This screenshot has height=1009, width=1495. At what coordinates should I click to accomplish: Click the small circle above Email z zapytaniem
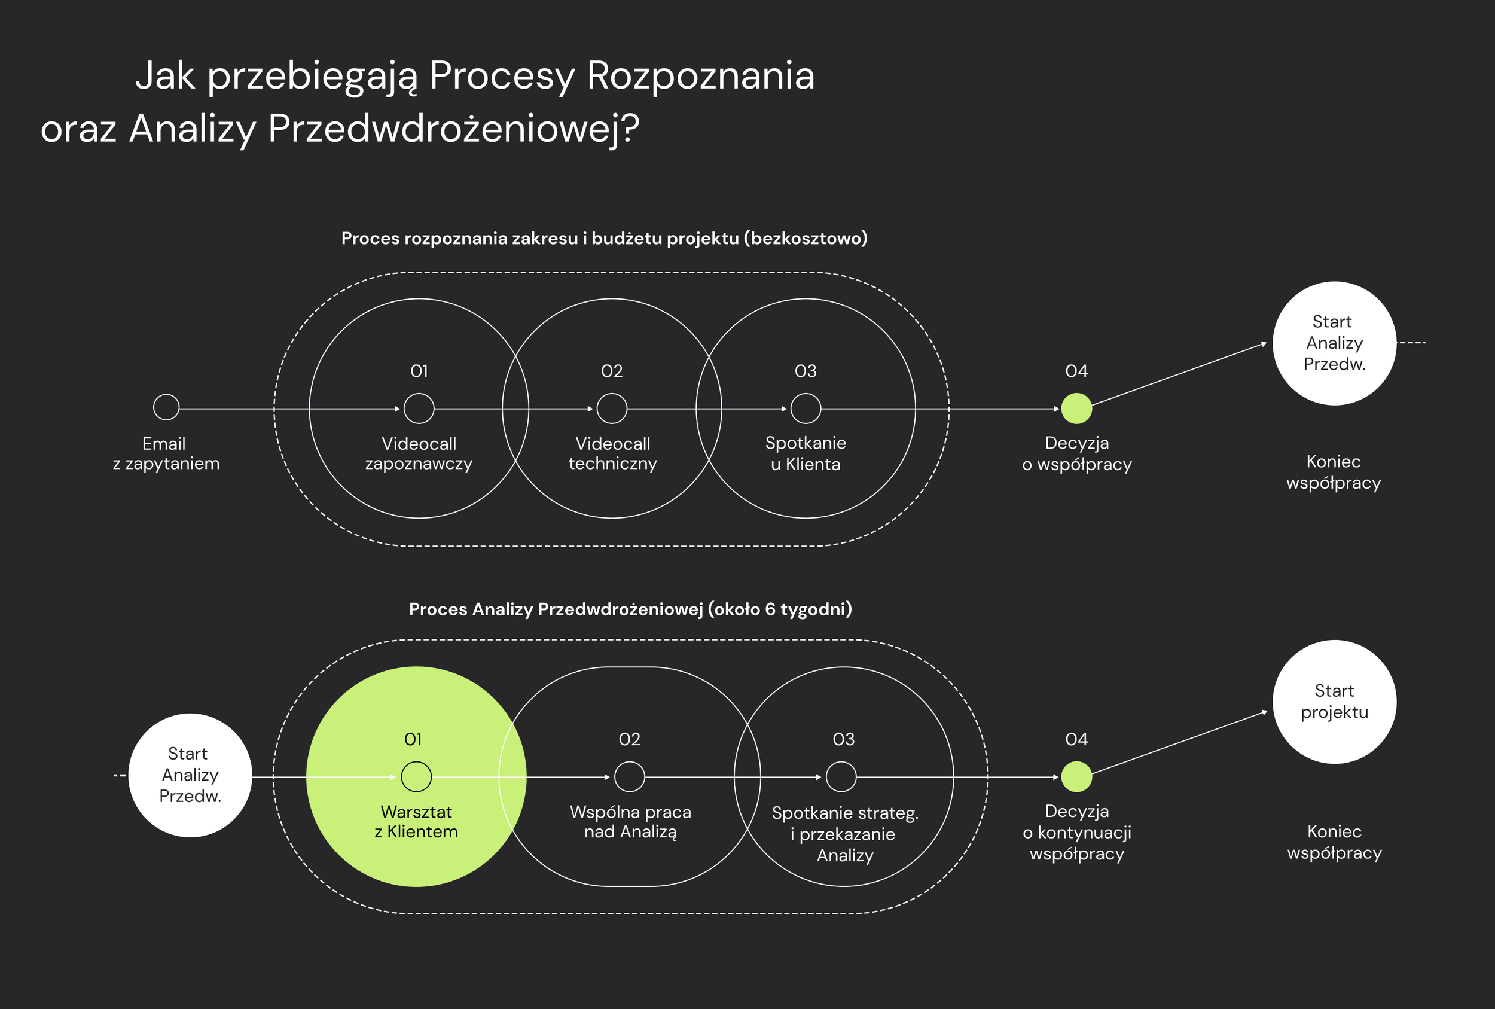(x=166, y=407)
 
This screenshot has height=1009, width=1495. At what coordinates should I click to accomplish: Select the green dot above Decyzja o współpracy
(x=1076, y=409)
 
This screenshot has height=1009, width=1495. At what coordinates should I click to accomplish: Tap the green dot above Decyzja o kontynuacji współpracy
(x=1076, y=777)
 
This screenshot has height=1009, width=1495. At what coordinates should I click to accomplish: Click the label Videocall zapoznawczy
(x=419, y=454)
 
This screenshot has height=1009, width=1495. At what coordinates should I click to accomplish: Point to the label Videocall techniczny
(x=612, y=454)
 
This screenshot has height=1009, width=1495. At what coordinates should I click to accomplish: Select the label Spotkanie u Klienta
(x=806, y=454)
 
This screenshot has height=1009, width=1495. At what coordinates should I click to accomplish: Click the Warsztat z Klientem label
(x=416, y=822)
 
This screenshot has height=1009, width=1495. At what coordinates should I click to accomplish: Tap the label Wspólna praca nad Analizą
(x=630, y=822)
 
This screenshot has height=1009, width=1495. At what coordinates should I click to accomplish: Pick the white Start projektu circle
(x=1334, y=702)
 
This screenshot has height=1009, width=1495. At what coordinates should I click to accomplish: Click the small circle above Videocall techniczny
(x=612, y=409)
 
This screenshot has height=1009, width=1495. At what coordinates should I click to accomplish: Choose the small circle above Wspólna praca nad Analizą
(x=629, y=777)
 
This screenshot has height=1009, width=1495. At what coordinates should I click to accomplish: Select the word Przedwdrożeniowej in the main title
(x=453, y=128)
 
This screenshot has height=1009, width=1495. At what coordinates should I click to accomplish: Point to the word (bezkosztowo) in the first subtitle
(x=806, y=239)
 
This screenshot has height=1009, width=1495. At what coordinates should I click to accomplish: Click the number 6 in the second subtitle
(x=770, y=609)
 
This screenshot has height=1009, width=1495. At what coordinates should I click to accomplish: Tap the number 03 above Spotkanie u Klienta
(x=806, y=371)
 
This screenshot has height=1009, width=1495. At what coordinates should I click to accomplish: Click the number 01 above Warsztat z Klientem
(x=413, y=739)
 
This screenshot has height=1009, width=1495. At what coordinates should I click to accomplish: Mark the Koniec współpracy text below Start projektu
(x=1334, y=842)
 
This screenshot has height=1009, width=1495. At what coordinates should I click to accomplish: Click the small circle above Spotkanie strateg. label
(x=841, y=777)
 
